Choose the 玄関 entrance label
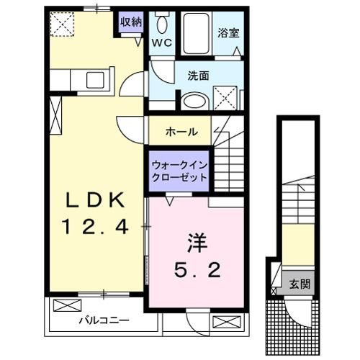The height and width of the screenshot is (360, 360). pyautogui.click(x=300, y=284)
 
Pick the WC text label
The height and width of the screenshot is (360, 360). pyautogui.click(x=161, y=43)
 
